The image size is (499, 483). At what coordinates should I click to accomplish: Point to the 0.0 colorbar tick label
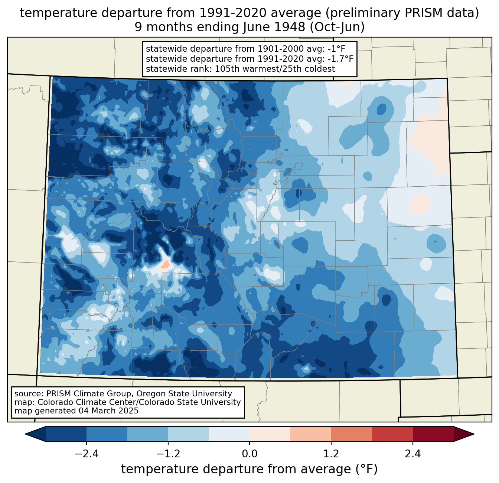249,454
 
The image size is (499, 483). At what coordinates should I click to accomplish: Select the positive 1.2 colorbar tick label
331,454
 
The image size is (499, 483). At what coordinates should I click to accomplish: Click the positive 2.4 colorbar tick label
413,454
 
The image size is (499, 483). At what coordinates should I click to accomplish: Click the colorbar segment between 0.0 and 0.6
270,434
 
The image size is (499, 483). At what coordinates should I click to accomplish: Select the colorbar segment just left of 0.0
229,434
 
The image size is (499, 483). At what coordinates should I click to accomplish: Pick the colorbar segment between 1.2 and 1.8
352,434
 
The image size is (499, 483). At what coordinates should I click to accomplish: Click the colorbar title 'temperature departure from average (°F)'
249,469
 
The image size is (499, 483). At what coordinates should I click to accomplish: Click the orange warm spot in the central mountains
165,264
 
